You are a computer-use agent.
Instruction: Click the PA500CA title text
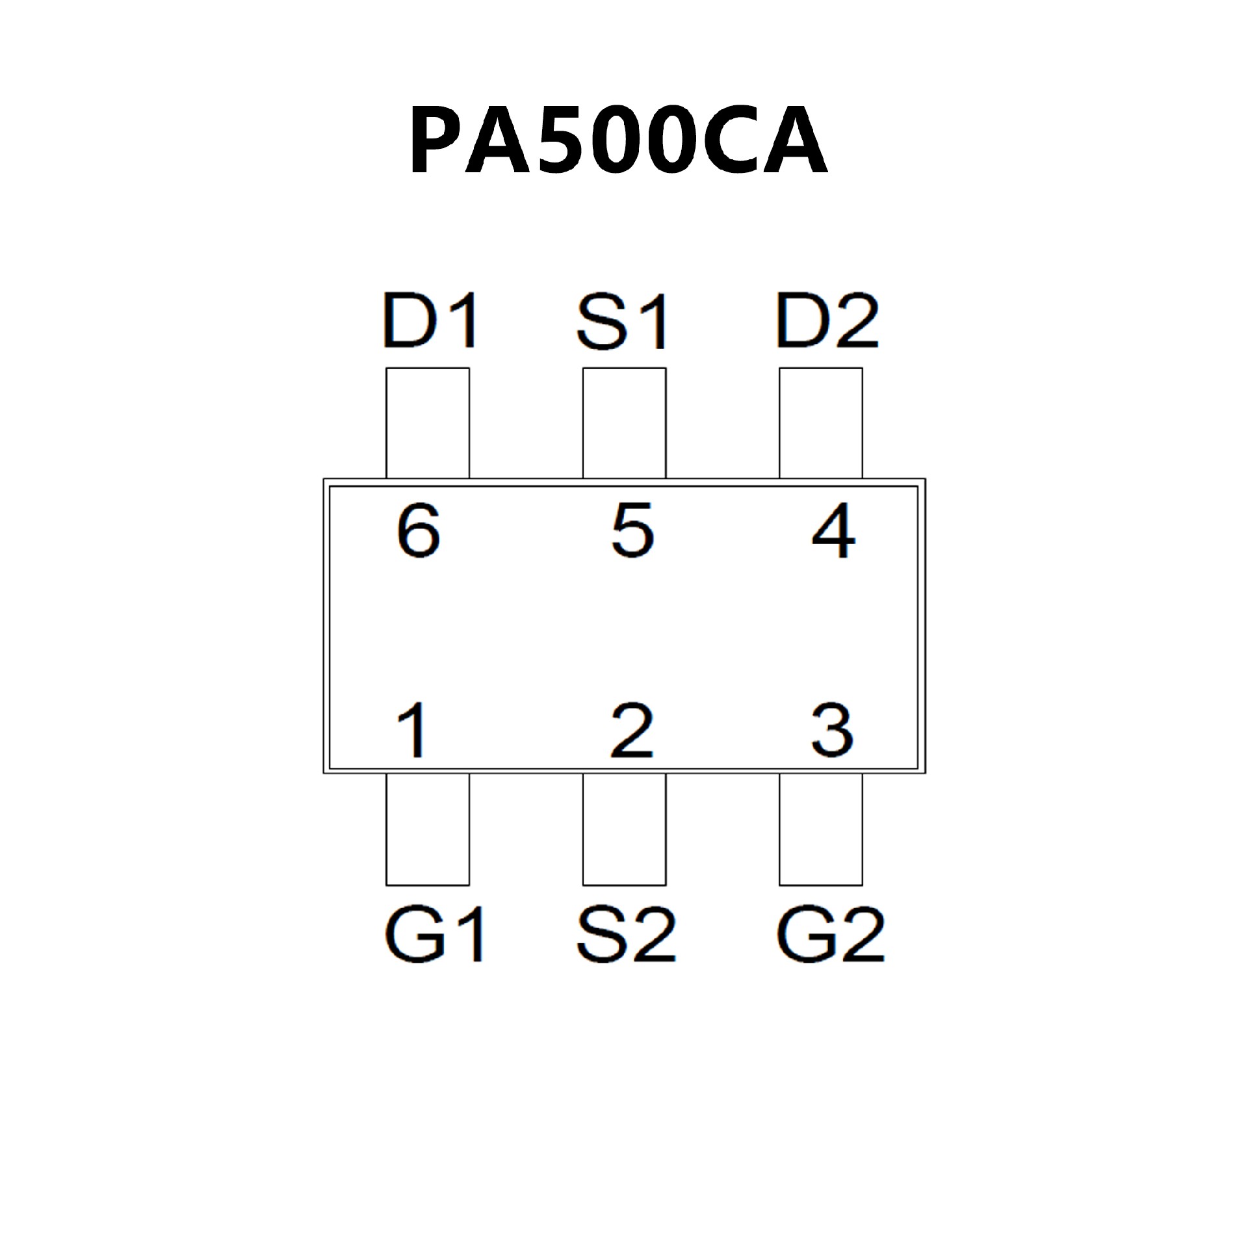(617, 142)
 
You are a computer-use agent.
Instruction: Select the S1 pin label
(622, 322)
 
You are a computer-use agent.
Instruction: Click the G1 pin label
(434, 935)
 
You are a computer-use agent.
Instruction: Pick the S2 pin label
(625, 935)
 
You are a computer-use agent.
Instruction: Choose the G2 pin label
(830, 935)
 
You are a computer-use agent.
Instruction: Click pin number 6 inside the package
(419, 532)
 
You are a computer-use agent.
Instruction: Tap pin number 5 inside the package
(632, 532)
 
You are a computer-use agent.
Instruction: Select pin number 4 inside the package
(833, 532)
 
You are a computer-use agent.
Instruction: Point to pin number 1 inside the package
(412, 731)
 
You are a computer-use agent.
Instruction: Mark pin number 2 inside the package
(632, 731)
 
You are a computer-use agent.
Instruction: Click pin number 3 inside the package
(832, 731)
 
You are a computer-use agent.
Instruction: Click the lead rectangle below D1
(428, 423)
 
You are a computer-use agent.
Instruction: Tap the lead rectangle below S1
(624, 423)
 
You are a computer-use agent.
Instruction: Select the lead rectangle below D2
(821, 423)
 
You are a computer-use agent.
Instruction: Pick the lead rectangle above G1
(428, 829)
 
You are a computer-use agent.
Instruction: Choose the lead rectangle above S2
(624, 829)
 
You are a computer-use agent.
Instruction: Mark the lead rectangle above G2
(821, 829)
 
